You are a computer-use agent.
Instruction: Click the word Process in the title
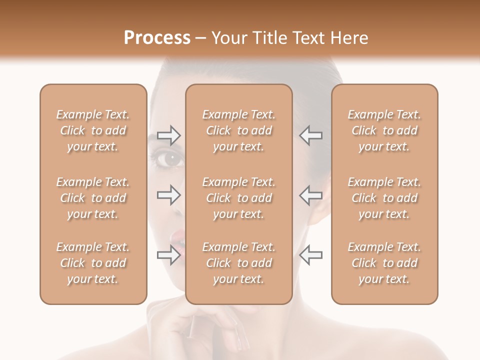click(x=157, y=38)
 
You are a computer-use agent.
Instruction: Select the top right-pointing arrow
click(x=168, y=135)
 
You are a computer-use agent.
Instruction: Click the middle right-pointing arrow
click(x=168, y=195)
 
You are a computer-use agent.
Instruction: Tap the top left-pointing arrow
click(x=311, y=135)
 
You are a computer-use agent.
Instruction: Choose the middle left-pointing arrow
click(x=311, y=195)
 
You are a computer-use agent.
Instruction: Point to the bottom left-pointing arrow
click(x=311, y=255)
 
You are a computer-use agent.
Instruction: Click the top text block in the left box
click(x=93, y=130)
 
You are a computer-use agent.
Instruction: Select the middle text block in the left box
click(x=93, y=198)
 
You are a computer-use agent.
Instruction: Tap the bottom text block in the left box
click(x=93, y=263)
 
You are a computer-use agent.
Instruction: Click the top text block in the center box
click(x=239, y=130)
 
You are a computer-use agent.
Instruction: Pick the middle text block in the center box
click(x=239, y=198)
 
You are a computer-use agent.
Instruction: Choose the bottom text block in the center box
click(x=239, y=263)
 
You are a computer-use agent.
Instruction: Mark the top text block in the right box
click(x=384, y=130)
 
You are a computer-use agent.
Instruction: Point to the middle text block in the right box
click(x=384, y=198)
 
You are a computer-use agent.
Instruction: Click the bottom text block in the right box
click(x=384, y=263)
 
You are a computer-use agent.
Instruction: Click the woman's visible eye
click(x=172, y=160)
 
